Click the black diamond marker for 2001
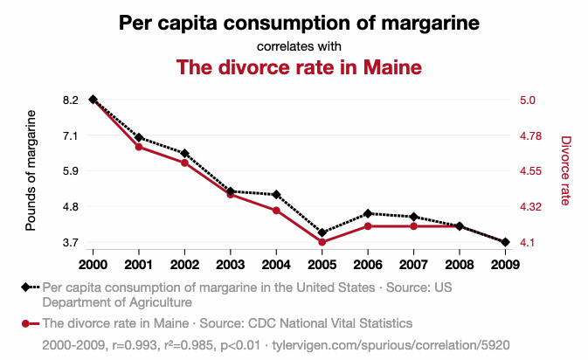[139, 137]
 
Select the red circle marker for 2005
[322, 242]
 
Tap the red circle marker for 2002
[184, 163]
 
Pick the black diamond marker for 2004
[276, 195]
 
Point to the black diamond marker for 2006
[368, 214]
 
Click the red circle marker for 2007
[413, 226]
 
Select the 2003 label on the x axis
[231, 265]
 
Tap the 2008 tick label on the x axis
[460, 265]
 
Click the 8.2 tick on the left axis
[71, 100]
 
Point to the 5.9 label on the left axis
[71, 171]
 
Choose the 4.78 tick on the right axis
[530, 135]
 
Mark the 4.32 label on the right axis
[530, 206]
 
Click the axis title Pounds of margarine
[31, 170]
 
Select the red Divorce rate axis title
[565, 170]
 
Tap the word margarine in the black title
[431, 24]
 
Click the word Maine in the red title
[392, 67]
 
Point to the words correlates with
[299, 46]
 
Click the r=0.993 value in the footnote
[135, 345]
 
